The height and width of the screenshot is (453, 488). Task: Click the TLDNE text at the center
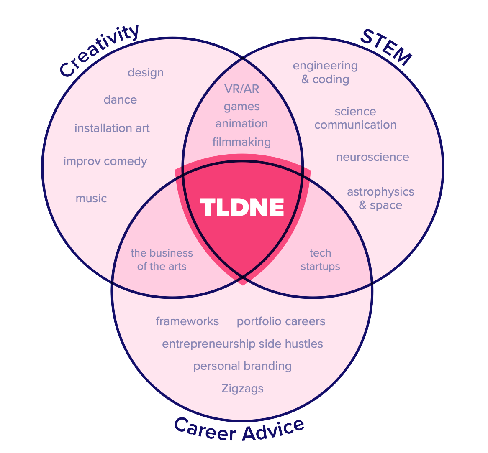click(242, 207)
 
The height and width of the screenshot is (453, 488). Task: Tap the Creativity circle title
click(99, 51)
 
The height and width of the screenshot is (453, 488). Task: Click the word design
click(146, 73)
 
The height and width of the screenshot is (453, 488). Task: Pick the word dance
click(120, 100)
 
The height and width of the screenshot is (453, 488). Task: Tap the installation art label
click(112, 128)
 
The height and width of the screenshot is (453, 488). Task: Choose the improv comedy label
click(105, 161)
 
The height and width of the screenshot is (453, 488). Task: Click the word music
click(91, 198)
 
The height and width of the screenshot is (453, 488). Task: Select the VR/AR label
click(241, 89)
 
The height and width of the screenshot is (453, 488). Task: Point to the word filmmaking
click(241, 142)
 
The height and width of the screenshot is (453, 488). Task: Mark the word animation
click(241, 124)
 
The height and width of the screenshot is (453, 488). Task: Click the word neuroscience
click(372, 157)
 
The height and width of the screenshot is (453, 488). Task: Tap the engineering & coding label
click(325, 72)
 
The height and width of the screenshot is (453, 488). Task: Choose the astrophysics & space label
click(380, 198)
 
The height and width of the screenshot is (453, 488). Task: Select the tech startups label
click(320, 260)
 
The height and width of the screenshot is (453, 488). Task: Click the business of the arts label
click(162, 260)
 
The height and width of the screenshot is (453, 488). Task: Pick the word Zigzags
click(242, 389)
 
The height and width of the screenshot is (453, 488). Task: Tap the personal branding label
click(242, 366)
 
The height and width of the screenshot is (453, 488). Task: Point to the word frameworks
click(187, 321)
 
